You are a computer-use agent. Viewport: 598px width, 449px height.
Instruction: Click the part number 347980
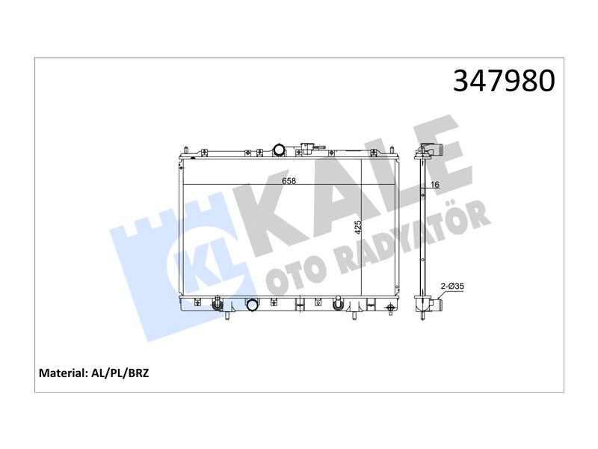pos(504,81)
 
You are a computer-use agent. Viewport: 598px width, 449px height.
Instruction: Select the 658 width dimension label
pos(289,180)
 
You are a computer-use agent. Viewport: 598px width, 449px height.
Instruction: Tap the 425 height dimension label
pos(358,227)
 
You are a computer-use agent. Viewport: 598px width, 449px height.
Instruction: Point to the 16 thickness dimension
pos(435,185)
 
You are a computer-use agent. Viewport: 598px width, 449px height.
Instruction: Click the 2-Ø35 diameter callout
pos(452,286)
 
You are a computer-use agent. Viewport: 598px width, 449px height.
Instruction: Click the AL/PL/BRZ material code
pos(120,373)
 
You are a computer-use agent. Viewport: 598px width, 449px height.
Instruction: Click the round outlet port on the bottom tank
pos(252,305)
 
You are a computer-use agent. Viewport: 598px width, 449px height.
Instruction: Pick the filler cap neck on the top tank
pos(307,148)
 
